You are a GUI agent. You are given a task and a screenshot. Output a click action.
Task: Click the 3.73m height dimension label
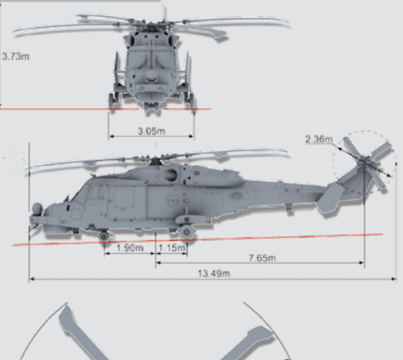coord(15,56)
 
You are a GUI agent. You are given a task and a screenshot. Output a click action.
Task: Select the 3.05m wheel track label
coord(152,131)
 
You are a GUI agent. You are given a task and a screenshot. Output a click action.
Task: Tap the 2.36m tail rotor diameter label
coord(319,139)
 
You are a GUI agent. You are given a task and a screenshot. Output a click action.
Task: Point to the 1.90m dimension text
coord(130,248)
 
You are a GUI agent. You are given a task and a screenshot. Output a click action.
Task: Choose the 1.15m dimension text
coord(172,248)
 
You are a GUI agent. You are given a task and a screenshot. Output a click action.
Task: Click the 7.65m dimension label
coord(262,258)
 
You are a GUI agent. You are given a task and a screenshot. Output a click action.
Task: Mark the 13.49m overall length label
coord(214,273)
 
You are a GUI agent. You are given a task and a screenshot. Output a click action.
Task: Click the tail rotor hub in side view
coord(364,161)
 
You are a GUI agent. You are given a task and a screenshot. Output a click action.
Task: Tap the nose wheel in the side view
coord(104,236)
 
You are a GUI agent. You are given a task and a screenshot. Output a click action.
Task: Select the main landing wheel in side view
coord(187,233)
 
